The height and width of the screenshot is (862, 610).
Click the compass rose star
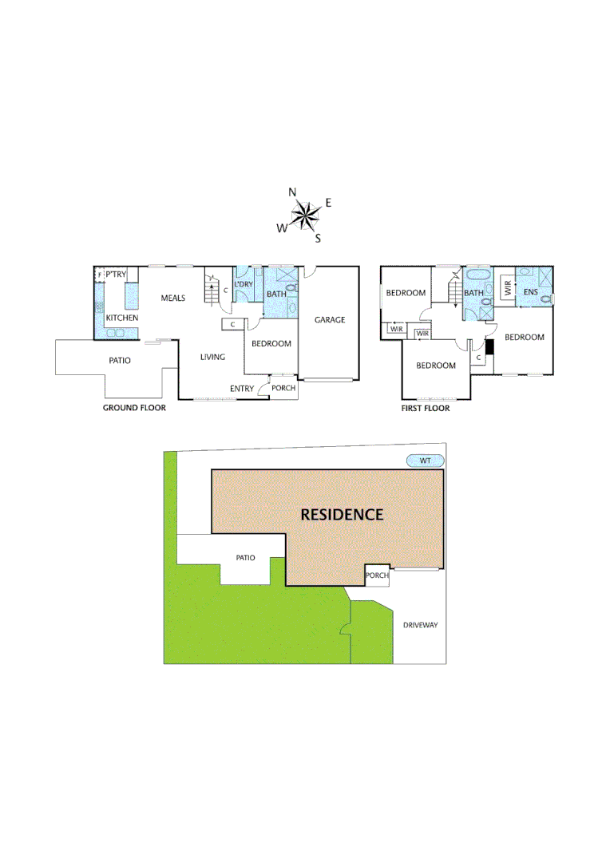coord(303,213)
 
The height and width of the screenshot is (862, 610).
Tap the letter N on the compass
coord(293,192)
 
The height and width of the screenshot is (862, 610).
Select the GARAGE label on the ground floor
coord(330,320)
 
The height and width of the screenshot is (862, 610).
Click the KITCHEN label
coord(122,318)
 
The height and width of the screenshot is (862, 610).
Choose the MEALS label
coord(172,298)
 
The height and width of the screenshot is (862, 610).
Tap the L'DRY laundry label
coord(244,284)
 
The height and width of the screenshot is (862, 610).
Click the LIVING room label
coord(212,357)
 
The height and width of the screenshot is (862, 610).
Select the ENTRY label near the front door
coord(242,389)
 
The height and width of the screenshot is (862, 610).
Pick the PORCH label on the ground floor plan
coord(283,389)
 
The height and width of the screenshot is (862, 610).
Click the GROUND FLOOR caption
coord(134,408)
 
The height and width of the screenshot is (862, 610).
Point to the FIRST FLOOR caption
coord(426,408)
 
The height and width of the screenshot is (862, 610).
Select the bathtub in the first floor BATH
coord(479,275)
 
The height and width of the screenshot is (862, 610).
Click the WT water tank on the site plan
coord(425,461)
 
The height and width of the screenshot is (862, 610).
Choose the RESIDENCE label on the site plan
coord(342,514)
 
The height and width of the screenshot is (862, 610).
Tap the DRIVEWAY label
coord(421,625)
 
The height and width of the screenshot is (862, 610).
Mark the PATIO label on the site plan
coord(245,557)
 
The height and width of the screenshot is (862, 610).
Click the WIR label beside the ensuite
coord(506,287)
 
